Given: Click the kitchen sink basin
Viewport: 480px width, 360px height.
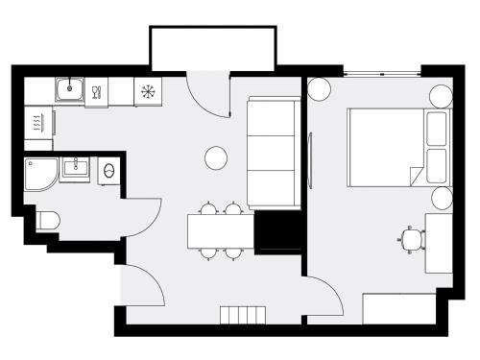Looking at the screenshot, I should (x=68, y=91).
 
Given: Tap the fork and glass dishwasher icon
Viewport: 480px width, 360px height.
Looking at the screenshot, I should (x=96, y=93).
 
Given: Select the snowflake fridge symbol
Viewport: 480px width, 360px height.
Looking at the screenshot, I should (x=148, y=92).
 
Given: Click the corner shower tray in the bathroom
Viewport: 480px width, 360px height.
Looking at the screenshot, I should (x=41, y=174).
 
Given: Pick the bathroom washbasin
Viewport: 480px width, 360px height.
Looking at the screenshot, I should (x=75, y=169).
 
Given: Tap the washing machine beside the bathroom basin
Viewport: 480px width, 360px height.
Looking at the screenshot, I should (x=108, y=171).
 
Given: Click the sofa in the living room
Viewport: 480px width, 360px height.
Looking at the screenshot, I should (x=274, y=152).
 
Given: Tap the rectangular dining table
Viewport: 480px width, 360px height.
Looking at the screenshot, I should (x=221, y=230).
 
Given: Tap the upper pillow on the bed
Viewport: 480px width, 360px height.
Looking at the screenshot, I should (x=437, y=129).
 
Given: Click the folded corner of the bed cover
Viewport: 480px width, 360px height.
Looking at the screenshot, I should (x=415, y=176).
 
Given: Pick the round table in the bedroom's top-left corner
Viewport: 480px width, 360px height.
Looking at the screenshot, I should (x=320, y=89).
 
